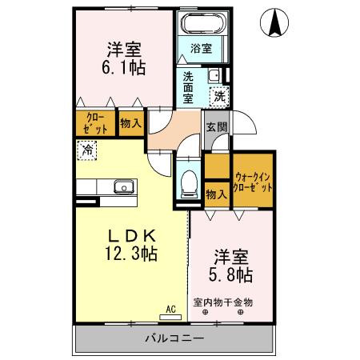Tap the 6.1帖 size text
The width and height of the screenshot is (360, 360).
click(125, 69)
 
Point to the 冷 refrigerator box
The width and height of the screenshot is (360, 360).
click(86, 149)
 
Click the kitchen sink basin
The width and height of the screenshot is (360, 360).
click(123, 187)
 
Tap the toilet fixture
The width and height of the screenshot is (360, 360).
click(190, 182)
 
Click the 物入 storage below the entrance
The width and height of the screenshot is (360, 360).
click(215, 194)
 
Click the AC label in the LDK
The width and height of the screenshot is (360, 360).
click(170, 307)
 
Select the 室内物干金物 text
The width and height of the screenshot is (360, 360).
click(223, 302)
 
